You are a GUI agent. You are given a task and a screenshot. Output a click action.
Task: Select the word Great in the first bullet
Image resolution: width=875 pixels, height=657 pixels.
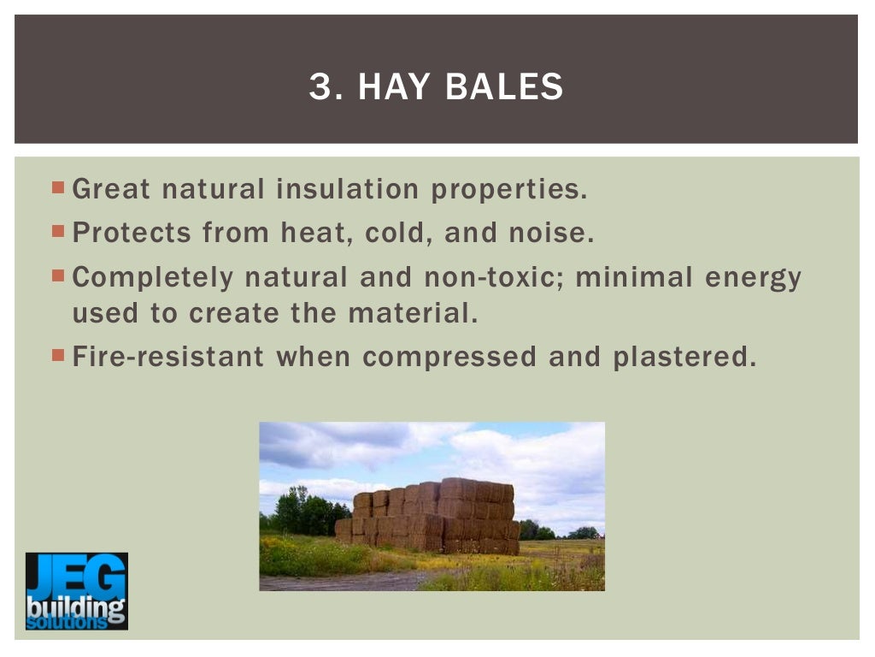pos(112,189)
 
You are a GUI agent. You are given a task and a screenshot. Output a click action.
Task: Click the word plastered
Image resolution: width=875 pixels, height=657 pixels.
pos(684,358)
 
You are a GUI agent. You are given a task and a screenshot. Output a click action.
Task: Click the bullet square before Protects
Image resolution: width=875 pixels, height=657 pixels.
pos(58,230)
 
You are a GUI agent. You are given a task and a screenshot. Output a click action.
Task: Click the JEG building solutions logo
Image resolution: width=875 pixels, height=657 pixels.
pos(76,591)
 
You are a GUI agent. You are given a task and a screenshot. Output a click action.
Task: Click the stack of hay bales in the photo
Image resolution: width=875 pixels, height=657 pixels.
pos(432,515)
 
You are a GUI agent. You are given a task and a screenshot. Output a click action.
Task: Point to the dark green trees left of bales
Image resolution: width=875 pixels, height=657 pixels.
pos(303,513)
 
